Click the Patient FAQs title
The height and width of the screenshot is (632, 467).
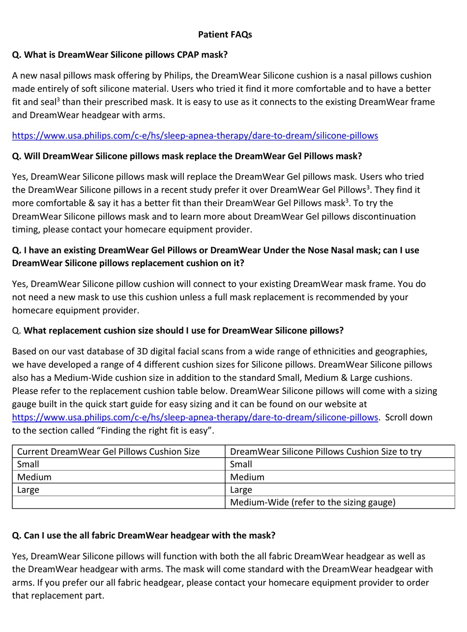[225, 34]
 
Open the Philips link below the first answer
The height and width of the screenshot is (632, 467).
[195, 135]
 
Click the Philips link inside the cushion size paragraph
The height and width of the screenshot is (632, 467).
[195, 417]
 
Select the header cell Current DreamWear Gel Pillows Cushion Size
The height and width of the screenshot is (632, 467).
[108, 451]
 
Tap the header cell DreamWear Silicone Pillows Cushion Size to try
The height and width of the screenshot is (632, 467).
[325, 451]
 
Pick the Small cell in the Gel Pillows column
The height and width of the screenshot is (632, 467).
[28, 464]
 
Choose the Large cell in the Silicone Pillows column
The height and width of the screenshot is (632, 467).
[241, 490]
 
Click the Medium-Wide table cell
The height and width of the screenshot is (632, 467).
[312, 503]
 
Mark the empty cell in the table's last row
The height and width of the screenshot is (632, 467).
[118, 503]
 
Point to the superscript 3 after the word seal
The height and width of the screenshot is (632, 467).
[58, 100]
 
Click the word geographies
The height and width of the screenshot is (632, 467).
[401, 351]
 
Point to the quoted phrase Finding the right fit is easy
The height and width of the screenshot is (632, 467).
[156, 431]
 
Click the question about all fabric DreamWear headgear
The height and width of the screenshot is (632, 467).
[144, 535]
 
